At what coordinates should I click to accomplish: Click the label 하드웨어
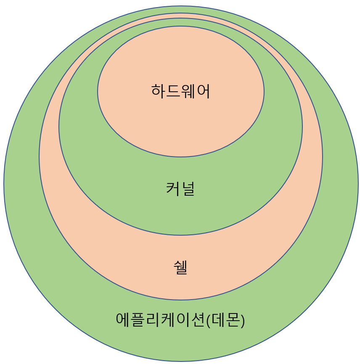(x=180, y=91)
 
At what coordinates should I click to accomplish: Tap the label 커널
(x=180, y=188)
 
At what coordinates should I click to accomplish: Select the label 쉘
(x=180, y=267)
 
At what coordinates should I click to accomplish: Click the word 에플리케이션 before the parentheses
(x=161, y=319)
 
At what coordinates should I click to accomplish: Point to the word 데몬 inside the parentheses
(x=226, y=319)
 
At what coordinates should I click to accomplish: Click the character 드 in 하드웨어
(x=173, y=91)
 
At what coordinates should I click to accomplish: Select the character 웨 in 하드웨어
(x=188, y=91)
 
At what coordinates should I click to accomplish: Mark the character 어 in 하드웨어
(x=203, y=91)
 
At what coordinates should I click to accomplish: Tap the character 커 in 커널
(x=173, y=188)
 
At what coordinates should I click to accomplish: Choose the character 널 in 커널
(x=188, y=188)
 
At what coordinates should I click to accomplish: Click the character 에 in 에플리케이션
(x=123, y=319)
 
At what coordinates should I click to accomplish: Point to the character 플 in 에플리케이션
(x=138, y=319)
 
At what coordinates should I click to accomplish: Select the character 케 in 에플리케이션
(x=168, y=319)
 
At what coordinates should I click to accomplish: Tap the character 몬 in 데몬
(x=233, y=319)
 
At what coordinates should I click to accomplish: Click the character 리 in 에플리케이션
(x=153, y=319)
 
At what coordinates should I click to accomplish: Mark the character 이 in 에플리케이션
(x=183, y=319)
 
